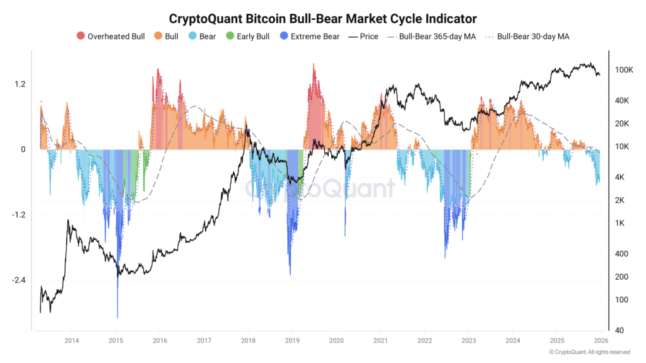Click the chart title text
click(x=323, y=18)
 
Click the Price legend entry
click(x=363, y=37)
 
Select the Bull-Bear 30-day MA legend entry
click(x=527, y=37)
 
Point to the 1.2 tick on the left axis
click(x=19, y=84)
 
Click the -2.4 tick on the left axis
click(x=18, y=280)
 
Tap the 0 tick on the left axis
click(x=23, y=150)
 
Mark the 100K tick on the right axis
click(x=624, y=70)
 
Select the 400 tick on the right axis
click(x=621, y=254)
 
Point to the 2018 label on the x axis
click(x=247, y=340)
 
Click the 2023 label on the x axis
click(x=468, y=340)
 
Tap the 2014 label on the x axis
click(x=71, y=340)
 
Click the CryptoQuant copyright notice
click(x=589, y=352)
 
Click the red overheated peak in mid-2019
click(x=314, y=66)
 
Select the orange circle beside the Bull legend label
click(x=158, y=37)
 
